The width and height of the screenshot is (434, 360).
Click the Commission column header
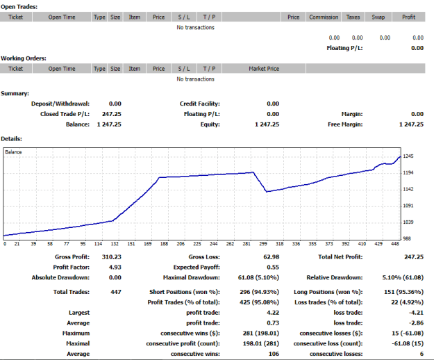[x=324, y=17]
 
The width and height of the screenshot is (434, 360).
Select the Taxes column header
[x=353, y=17]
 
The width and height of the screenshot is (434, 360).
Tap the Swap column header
[x=378, y=17]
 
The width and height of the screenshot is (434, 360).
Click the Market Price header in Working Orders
[x=264, y=69]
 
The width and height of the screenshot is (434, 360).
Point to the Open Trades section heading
[x=19, y=7]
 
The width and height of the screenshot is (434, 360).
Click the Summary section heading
[x=15, y=93]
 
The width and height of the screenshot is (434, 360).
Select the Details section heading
[x=11, y=139]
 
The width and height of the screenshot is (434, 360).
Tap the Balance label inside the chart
[x=13, y=152]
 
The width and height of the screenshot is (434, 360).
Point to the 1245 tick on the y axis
[x=408, y=156]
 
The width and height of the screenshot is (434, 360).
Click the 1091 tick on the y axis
[x=408, y=206]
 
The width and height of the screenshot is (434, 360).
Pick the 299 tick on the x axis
[x=263, y=244]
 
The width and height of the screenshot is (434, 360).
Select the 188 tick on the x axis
[x=164, y=244]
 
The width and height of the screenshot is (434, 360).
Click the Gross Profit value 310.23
[x=112, y=257]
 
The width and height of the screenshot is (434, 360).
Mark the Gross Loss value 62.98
[x=272, y=257]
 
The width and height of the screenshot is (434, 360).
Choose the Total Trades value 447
[x=116, y=292]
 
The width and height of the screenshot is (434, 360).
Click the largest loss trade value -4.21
[x=416, y=313]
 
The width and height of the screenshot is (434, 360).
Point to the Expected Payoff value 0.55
[x=273, y=268]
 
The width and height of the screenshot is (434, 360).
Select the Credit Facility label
[x=200, y=104]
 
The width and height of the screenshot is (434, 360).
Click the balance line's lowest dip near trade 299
[x=267, y=191]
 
